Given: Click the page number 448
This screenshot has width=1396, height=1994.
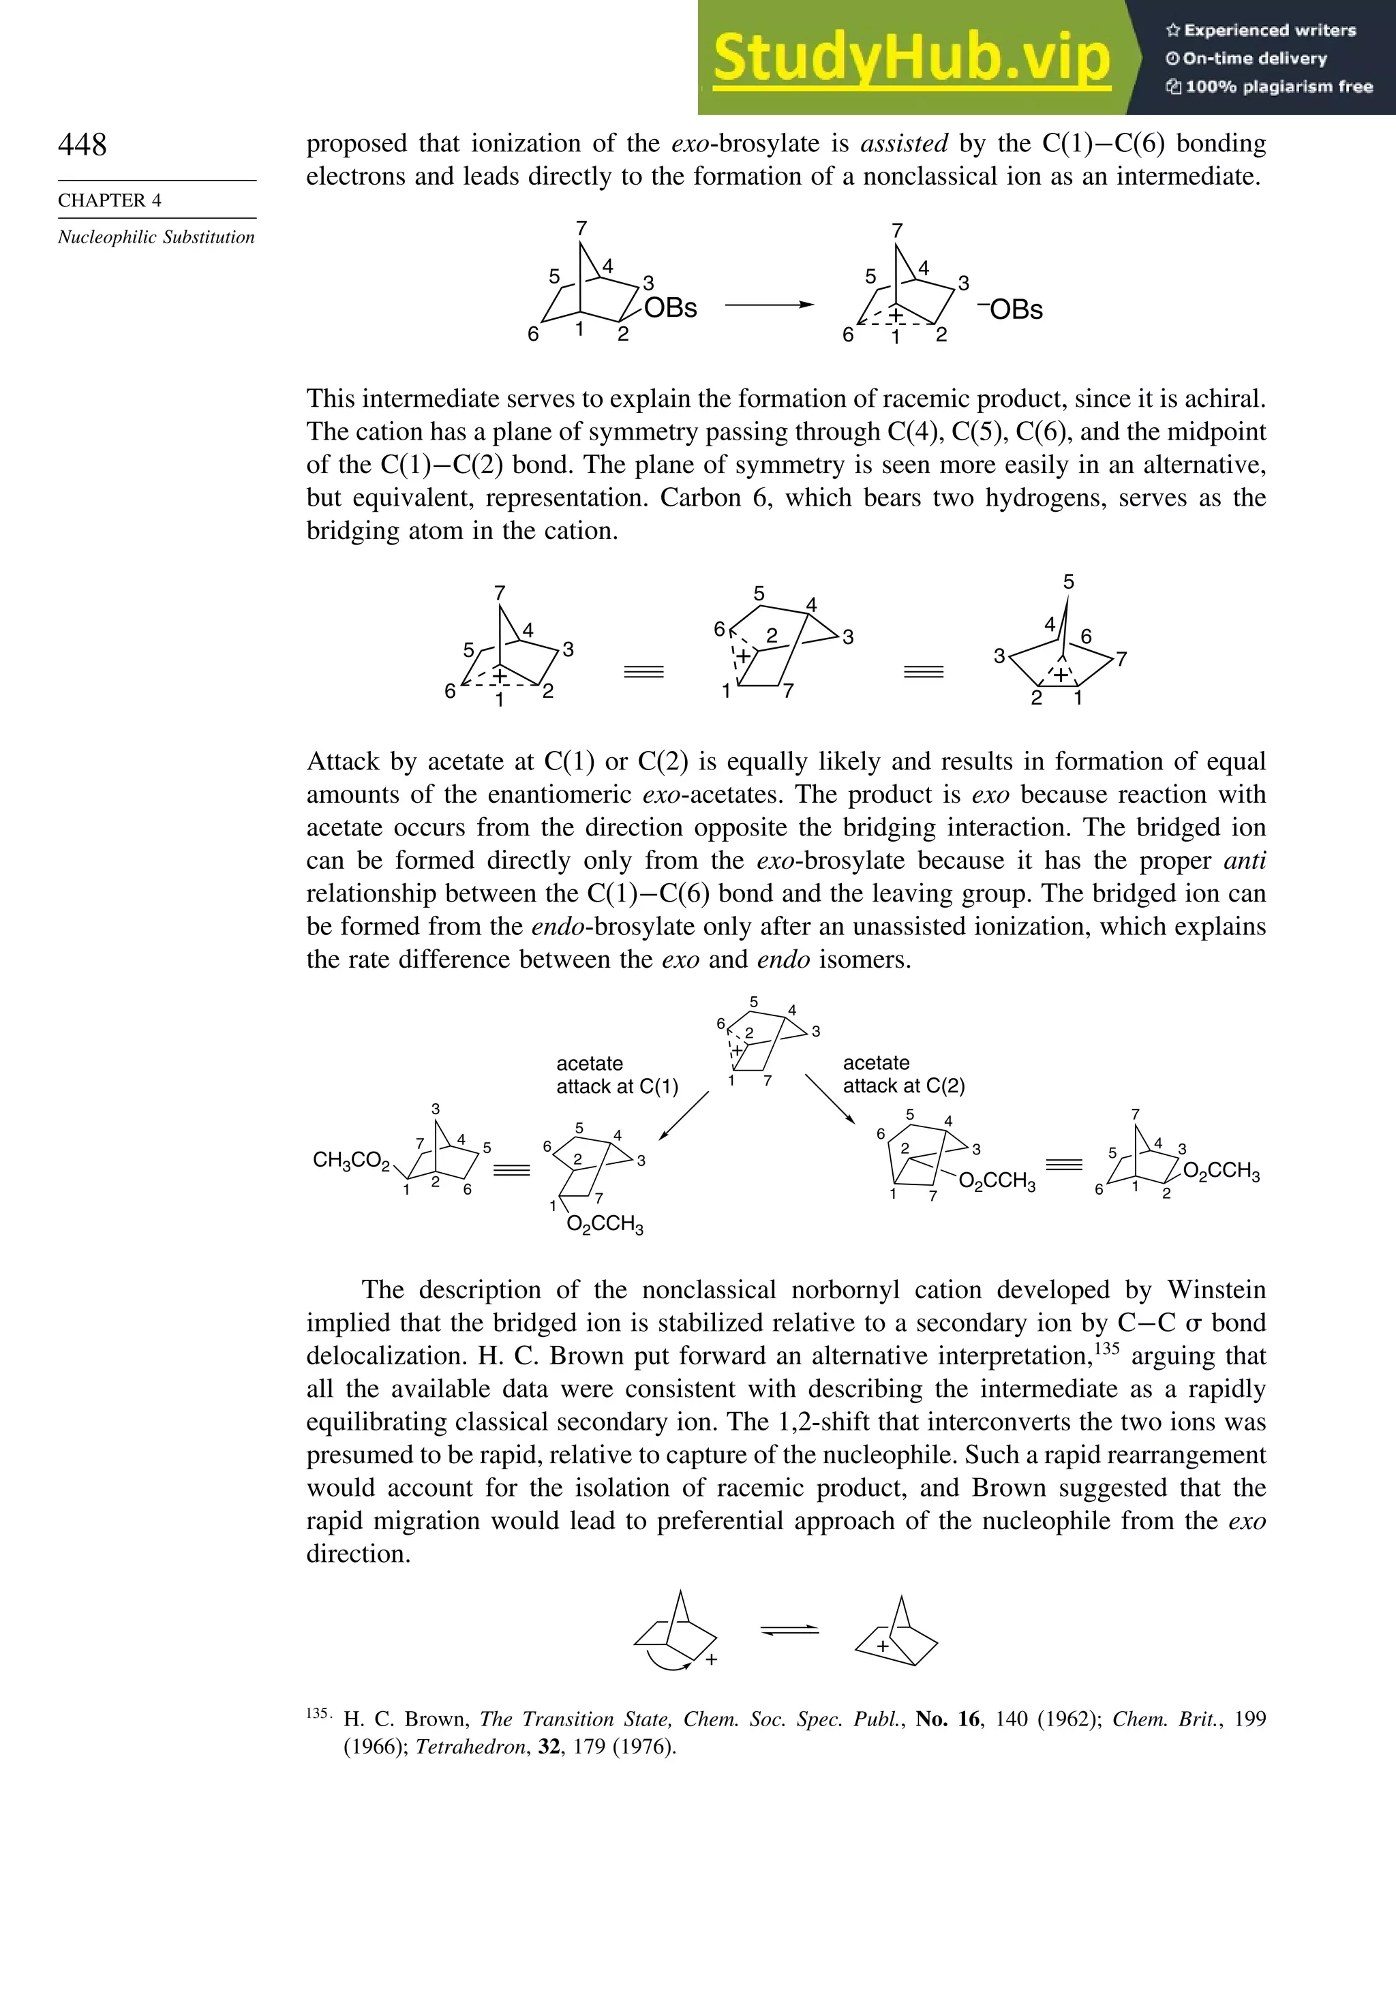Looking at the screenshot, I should click(x=82, y=144).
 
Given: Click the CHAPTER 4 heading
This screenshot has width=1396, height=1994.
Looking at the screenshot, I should click(x=110, y=200).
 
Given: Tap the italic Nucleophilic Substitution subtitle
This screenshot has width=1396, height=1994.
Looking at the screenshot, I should click(x=156, y=237).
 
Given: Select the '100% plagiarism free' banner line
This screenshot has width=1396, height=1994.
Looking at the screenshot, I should click(x=1269, y=87).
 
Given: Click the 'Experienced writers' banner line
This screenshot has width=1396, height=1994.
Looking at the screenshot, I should click(x=1261, y=31).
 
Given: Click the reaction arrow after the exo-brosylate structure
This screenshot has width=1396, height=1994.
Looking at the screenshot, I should click(x=770, y=305).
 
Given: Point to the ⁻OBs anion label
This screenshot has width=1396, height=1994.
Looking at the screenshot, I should click(x=1010, y=309).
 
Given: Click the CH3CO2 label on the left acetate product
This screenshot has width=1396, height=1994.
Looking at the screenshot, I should click(x=352, y=1161).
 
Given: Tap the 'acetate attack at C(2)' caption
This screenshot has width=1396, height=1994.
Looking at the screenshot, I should click(x=903, y=1074).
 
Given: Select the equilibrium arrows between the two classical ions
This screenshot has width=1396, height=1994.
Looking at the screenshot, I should click(x=789, y=1630).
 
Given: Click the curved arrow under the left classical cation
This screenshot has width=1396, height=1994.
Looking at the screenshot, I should click(x=669, y=1662).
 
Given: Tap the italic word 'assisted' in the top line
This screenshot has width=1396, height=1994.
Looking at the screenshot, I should click(x=903, y=143).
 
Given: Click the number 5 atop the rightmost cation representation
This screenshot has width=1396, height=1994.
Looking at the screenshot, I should click(x=1069, y=582).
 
